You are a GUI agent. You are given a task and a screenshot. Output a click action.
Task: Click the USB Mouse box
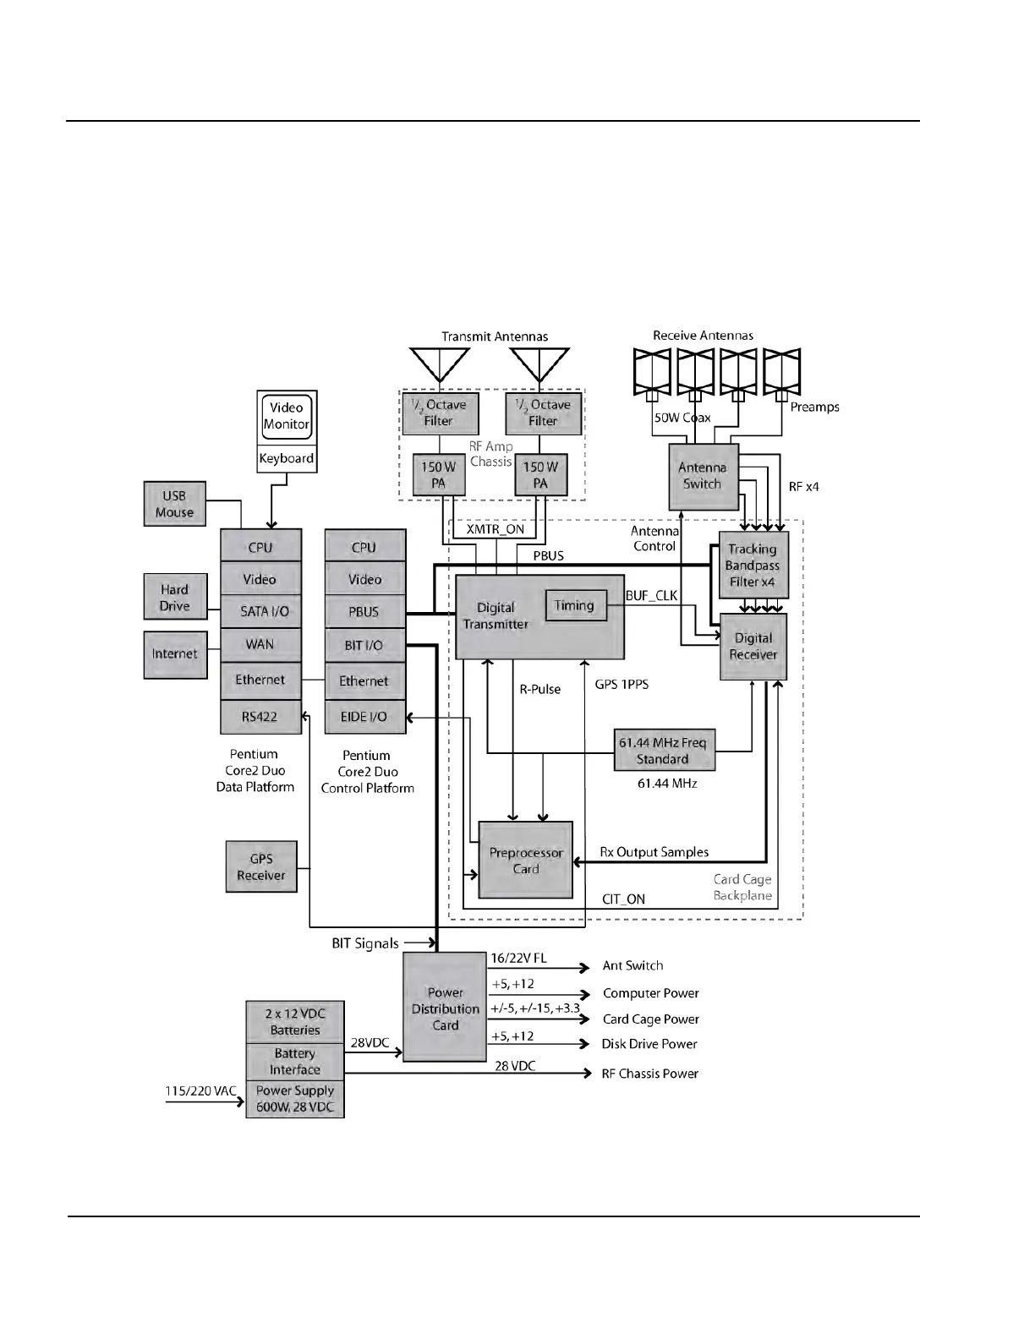[x=174, y=504]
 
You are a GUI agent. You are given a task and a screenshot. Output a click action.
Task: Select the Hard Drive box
[x=174, y=597]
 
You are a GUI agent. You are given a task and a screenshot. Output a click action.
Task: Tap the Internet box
[x=175, y=654]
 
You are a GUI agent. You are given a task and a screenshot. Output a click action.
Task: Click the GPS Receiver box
[x=261, y=866]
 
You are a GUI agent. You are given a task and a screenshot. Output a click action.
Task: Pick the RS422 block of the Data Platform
[x=260, y=717]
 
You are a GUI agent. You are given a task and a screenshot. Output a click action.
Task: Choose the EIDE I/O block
[x=365, y=717]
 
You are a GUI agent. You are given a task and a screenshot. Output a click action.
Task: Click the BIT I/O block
[x=365, y=646]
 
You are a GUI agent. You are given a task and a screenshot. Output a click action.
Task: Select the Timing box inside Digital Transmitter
[x=575, y=605]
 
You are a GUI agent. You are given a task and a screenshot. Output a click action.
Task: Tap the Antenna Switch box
[x=703, y=476]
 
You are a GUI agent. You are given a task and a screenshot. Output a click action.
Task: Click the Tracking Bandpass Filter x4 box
[x=753, y=565]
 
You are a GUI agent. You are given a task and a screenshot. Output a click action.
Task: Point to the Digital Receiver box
[x=753, y=647]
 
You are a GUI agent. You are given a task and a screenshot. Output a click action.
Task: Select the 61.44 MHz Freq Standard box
[x=664, y=751]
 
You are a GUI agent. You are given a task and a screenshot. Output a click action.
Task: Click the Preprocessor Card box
[x=526, y=861]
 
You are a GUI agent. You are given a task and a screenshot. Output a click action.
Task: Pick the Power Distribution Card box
[x=446, y=1008]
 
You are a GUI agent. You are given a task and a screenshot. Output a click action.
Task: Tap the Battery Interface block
[x=295, y=1062]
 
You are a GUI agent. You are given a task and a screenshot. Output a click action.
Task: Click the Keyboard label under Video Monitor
[x=287, y=459]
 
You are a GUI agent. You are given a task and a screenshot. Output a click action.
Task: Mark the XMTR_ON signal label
[x=496, y=530]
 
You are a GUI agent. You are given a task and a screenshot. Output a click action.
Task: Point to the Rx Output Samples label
[x=654, y=852]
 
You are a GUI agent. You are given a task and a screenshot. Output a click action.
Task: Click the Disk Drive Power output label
[x=649, y=1045]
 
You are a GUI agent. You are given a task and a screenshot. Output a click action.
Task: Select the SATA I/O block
[x=260, y=612]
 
